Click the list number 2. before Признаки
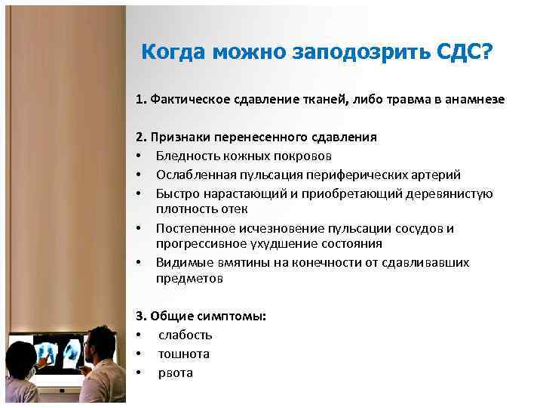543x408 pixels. point(141,138)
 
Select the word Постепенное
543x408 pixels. point(192,228)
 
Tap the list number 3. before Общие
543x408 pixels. point(141,316)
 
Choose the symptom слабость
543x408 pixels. point(185,335)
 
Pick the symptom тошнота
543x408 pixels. point(183,354)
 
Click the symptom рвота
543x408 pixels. point(175,372)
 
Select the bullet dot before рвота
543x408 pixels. point(140,372)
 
